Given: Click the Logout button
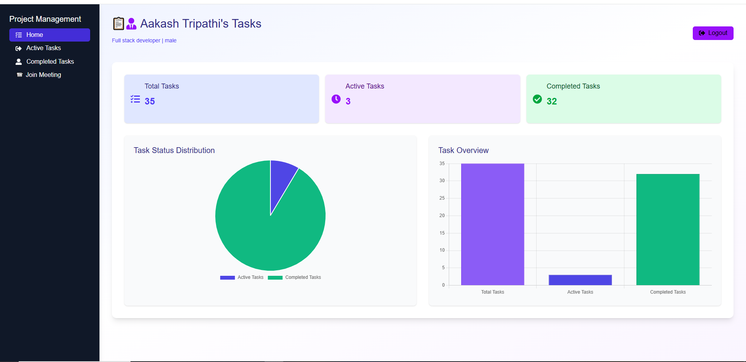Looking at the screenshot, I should (713, 33).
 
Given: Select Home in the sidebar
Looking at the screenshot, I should (50, 35).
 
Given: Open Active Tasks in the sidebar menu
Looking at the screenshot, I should (44, 48).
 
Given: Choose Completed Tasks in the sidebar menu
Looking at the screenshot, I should (50, 62).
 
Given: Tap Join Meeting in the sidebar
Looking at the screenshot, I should (43, 75).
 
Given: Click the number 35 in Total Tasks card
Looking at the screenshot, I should (150, 101).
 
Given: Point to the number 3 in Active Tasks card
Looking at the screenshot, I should (348, 101).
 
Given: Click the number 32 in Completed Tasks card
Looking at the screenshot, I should (552, 101).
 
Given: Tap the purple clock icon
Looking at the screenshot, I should (336, 99).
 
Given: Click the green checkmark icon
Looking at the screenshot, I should (537, 99).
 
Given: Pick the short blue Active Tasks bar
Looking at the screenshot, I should (580, 280).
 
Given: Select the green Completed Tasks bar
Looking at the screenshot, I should (668, 230).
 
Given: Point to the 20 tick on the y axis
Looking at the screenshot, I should (442, 216).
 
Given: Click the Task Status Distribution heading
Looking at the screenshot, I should (174, 150).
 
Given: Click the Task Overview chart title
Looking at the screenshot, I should (463, 150).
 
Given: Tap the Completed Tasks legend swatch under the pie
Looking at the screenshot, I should (275, 278).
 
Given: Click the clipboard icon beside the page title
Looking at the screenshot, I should (119, 24).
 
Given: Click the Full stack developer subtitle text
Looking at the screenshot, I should (136, 40).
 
